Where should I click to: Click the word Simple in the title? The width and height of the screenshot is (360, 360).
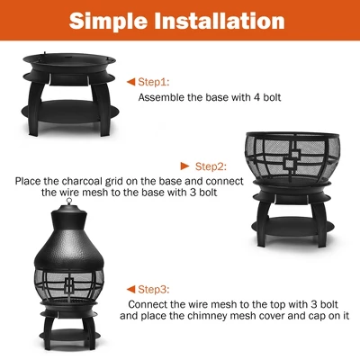click(x=115, y=21)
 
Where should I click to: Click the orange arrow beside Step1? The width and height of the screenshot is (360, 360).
click(x=130, y=80)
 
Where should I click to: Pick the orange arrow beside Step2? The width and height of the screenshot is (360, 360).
click(x=185, y=166)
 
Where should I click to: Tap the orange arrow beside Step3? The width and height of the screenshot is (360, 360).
click(x=130, y=289)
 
